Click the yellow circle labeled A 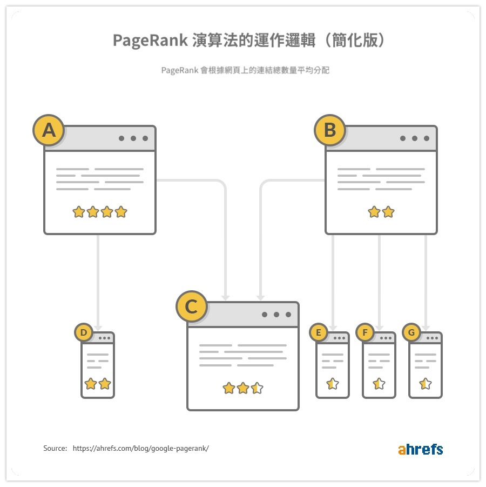[x=49, y=130]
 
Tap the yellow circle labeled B [x=329, y=130]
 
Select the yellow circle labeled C [x=191, y=306]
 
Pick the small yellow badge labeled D [x=84, y=333]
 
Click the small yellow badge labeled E [x=319, y=333]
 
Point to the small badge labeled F [x=365, y=333]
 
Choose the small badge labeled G [x=411, y=333]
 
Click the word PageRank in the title [x=150, y=41]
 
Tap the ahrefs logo [x=420, y=449]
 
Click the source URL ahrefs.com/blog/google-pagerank [x=140, y=449]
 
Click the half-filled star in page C [x=257, y=388]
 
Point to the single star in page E [x=333, y=384]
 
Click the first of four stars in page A [x=79, y=212]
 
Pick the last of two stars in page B [x=388, y=212]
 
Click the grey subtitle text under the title [x=245, y=71]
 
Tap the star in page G [x=426, y=384]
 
